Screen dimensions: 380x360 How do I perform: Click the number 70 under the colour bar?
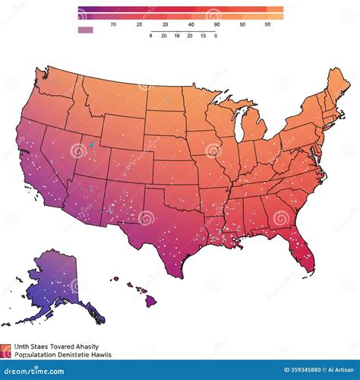(113, 24)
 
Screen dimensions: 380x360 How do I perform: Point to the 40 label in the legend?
(191, 24)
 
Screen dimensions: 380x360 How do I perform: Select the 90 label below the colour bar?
(217, 24)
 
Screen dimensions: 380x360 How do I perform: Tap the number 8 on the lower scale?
(151, 36)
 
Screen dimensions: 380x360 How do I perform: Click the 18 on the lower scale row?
(177, 36)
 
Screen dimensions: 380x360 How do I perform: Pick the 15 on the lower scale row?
(203, 36)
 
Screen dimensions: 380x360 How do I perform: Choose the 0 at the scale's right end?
(216, 36)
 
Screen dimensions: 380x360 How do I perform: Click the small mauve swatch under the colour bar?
(86, 30)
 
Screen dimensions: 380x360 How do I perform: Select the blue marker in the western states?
(90, 144)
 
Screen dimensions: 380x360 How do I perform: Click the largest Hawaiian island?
(151, 301)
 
